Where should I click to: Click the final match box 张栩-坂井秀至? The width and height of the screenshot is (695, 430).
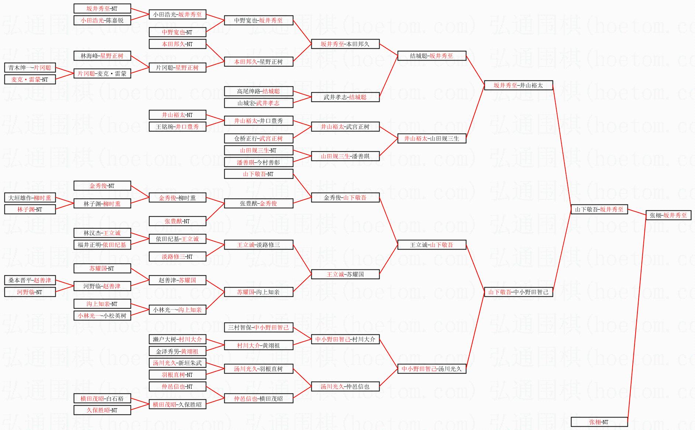click(x=668, y=215)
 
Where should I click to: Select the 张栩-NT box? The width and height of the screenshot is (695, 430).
click(x=599, y=422)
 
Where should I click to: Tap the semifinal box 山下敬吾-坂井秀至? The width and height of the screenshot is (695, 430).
click(x=599, y=209)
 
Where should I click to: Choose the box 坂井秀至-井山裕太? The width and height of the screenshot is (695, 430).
click(x=518, y=85)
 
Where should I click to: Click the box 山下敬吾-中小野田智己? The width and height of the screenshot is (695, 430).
click(x=518, y=292)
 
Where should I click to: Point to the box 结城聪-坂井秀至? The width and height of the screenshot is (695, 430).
click(x=432, y=56)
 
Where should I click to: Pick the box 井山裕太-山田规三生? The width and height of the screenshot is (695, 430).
click(x=432, y=138)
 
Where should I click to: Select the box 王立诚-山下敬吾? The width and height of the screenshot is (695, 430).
click(x=432, y=245)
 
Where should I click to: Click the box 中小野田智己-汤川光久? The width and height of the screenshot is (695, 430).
click(x=432, y=369)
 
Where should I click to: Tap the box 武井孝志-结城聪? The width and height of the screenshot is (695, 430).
click(x=345, y=97)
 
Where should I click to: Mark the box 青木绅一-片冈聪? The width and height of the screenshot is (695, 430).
click(x=30, y=68)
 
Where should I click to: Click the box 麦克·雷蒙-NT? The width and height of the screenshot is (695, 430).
click(x=30, y=79)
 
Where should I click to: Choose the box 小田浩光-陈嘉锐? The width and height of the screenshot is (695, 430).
click(x=102, y=20)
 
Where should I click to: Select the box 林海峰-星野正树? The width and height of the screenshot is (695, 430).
click(x=102, y=56)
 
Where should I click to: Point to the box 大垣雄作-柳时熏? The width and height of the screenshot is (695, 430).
click(x=30, y=197)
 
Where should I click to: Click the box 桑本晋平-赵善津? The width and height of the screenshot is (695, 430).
click(x=30, y=280)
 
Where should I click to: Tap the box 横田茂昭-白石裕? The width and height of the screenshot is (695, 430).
click(x=102, y=398)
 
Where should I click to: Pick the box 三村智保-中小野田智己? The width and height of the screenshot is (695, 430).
click(x=259, y=327)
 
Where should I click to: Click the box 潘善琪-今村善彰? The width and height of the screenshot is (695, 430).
click(x=259, y=162)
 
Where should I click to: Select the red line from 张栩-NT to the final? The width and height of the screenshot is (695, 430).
click(x=637, y=319)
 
